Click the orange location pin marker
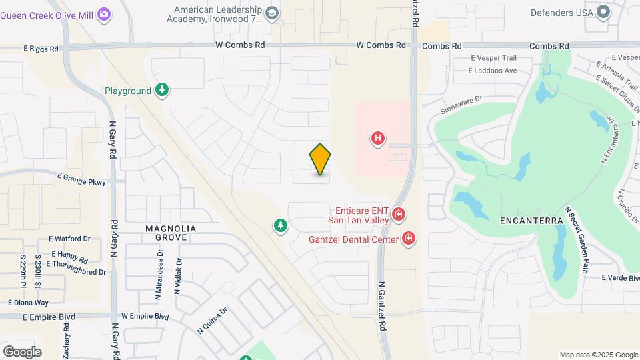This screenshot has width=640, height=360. [x=321, y=159]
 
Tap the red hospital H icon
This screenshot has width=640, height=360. [x=378, y=139]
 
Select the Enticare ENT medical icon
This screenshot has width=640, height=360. [x=398, y=214]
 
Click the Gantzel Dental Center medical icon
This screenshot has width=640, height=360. [x=408, y=239]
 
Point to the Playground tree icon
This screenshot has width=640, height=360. [x=161, y=90]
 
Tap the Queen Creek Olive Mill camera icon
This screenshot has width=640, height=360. [x=103, y=14]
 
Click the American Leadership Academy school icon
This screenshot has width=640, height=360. [x=271, y=13]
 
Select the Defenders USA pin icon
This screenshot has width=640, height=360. [x=603, y=12]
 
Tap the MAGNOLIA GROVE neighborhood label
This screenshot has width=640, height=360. [x=171, y=233]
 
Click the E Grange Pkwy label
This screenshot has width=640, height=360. [x=81, y=178]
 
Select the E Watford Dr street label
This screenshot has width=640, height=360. [x=69, y=239]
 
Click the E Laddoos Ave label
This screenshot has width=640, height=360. [x=493, y=71]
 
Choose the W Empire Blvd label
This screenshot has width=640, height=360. [x=145, y=316]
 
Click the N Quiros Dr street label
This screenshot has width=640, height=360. [x=213, y=320]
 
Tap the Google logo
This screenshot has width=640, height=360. [x=22, y=351]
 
